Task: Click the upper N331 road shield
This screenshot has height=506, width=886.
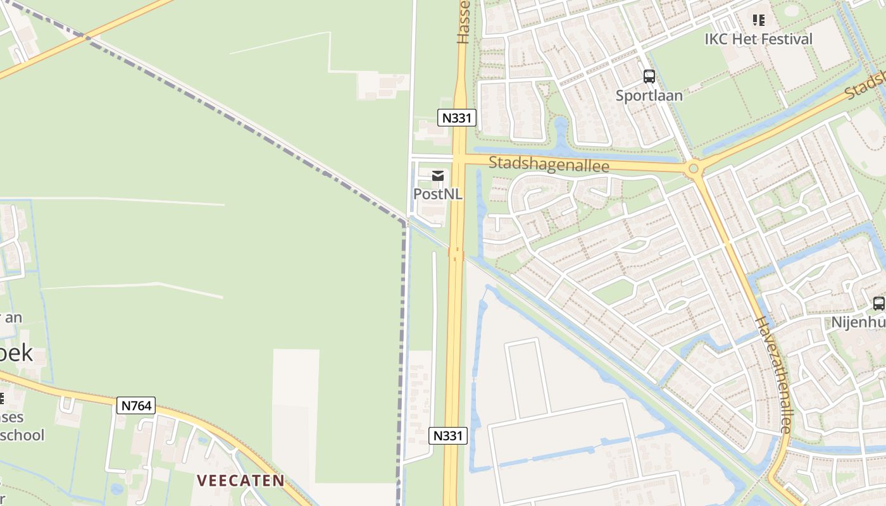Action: (456, 117)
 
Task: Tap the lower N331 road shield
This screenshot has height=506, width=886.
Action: (448, 435)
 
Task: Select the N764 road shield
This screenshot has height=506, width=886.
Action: (136, 405)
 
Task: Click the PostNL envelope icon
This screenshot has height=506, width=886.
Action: (438, 176)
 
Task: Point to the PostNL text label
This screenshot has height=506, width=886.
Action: (438, 194)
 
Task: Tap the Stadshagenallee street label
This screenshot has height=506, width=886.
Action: (549, 165)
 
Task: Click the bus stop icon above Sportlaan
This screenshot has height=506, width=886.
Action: (649, 77)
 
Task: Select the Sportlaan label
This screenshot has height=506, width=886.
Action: (649, 96)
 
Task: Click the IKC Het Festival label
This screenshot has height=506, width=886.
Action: (758, 39)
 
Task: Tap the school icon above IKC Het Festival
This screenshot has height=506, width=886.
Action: (759, 21)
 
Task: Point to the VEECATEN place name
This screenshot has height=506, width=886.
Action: (240, 481)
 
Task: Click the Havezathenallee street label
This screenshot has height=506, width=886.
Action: (773, 374)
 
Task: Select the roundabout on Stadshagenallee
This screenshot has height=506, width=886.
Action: (694, 169)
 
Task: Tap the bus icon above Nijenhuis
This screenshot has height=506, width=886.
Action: (879, 304)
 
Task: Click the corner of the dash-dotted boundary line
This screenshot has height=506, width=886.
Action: (404, 223)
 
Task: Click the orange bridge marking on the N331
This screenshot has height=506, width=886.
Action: (456, 254)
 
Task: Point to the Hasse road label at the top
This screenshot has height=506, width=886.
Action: (464, 22)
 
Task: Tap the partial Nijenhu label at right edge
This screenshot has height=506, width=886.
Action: (859, 323)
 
